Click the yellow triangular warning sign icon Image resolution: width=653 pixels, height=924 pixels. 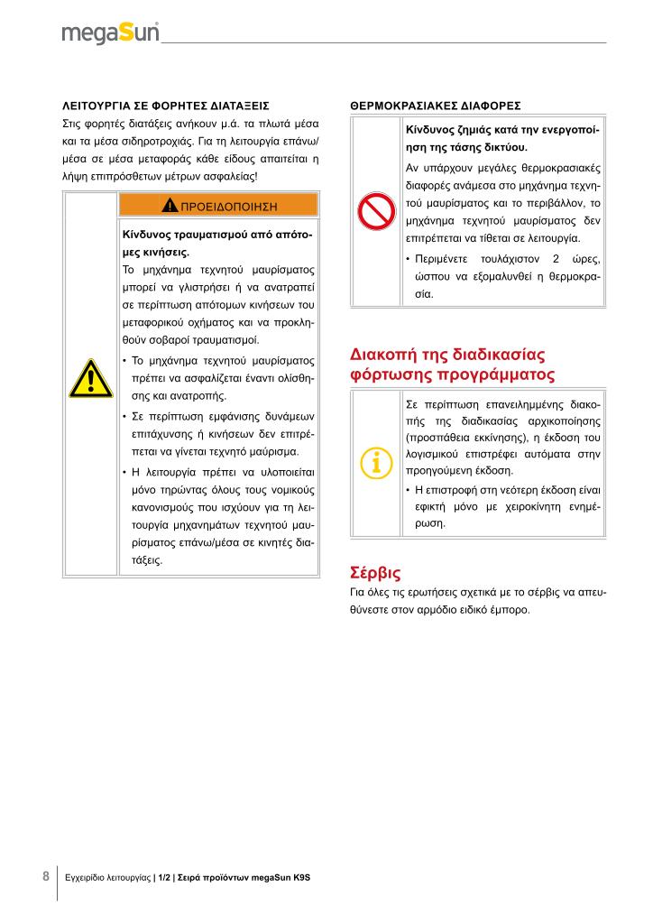[x=90, y=378]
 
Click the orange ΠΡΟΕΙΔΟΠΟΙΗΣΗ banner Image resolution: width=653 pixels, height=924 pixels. [x=218, y=205]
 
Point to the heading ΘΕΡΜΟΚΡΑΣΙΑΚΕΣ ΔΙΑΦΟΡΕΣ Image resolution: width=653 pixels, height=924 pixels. [x=435, y=105]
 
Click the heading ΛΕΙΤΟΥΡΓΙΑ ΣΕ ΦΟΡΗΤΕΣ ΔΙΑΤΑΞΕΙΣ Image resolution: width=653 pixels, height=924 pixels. [x=165, y=105]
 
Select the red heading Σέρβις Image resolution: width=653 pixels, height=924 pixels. [x=374, y=571]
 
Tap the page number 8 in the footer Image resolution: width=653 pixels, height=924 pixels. [x=46, y=876]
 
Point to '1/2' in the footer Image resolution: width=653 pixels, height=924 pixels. [x=165, y=877]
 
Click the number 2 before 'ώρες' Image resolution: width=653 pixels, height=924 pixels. [x=556, y=260]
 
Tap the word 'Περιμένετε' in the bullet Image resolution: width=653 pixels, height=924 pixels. [x=446, y=260]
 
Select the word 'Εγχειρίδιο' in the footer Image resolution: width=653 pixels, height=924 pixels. [x=84, y=877]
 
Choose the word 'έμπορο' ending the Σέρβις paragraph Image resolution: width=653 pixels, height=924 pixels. [x=510, y=609]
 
